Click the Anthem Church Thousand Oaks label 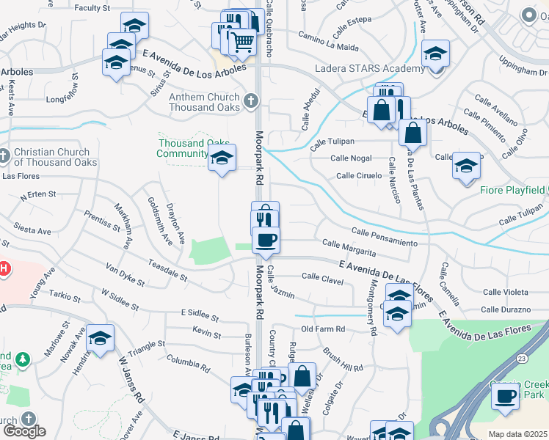click(x=205, y=102)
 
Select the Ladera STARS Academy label click(x=368, y=69)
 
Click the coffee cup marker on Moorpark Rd click(x=266, y=238)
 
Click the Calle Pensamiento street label click(x=384, y=236)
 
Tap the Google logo click(x=24, y=431)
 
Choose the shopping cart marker click(x=243, y=44)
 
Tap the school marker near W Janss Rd click(x=101, y=338)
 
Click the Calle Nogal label click(x=351, y=158)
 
